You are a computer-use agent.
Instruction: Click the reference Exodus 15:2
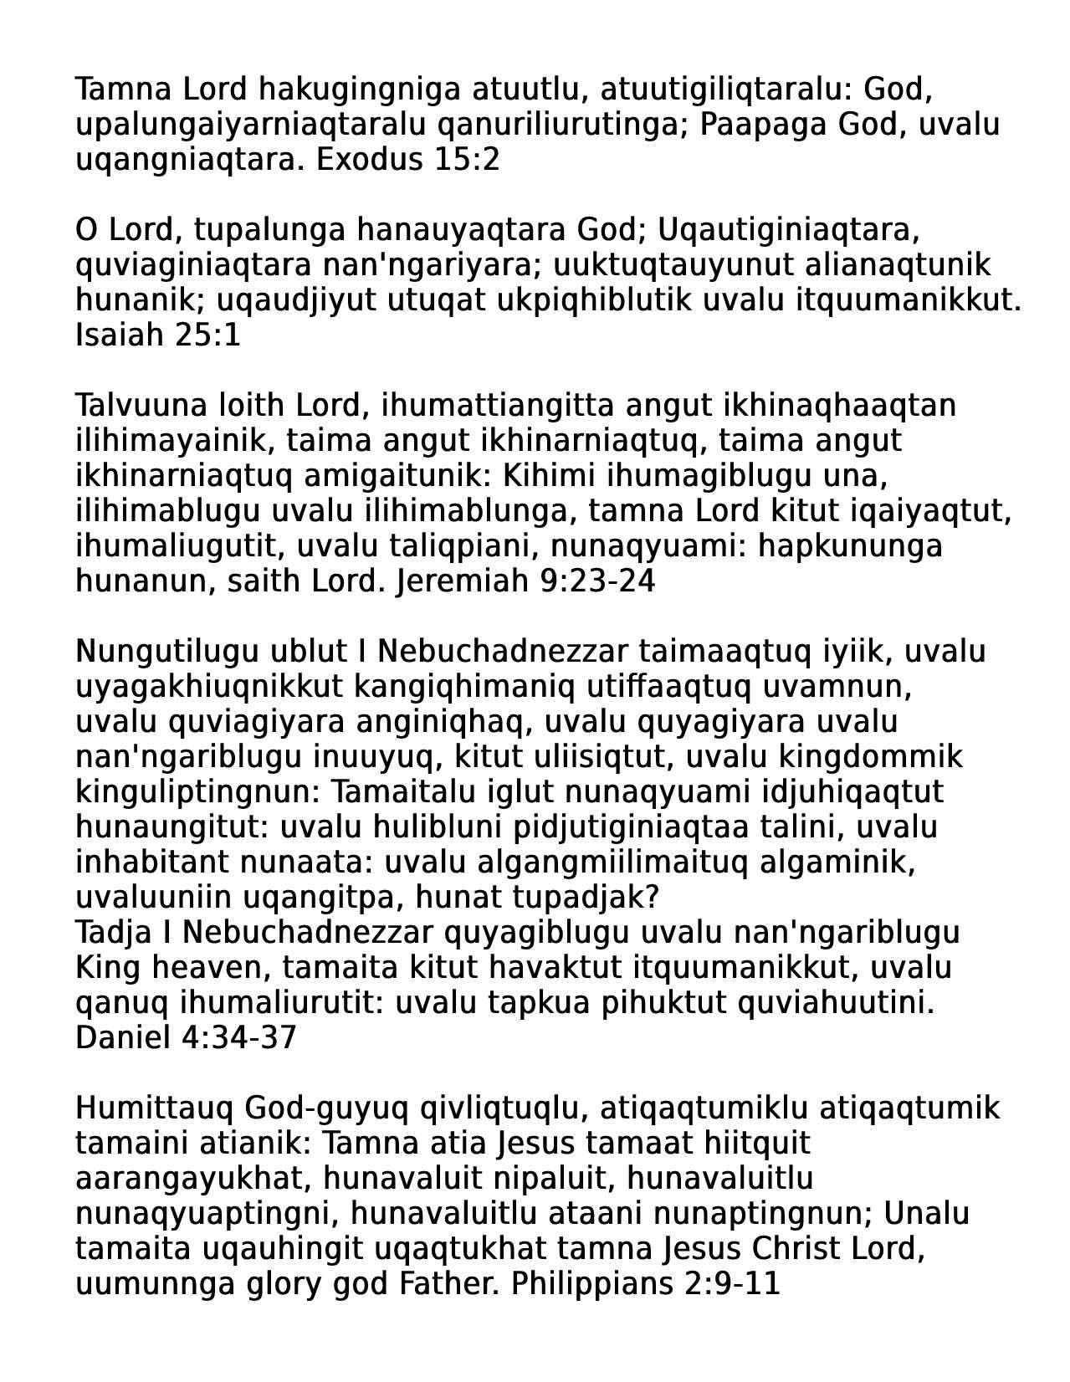coord(407,159)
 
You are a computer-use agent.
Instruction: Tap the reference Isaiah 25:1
coord(158,335)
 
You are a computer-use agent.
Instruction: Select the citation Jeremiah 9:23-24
coord(525,581)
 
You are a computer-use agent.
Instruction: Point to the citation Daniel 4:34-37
coord(186,1037)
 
